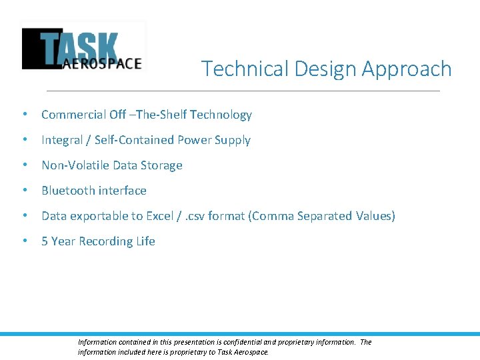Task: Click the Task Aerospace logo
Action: point(83,47)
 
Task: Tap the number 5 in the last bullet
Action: point(45,241)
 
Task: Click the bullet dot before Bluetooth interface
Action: point(25,191)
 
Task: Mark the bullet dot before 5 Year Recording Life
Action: point(25,241)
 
